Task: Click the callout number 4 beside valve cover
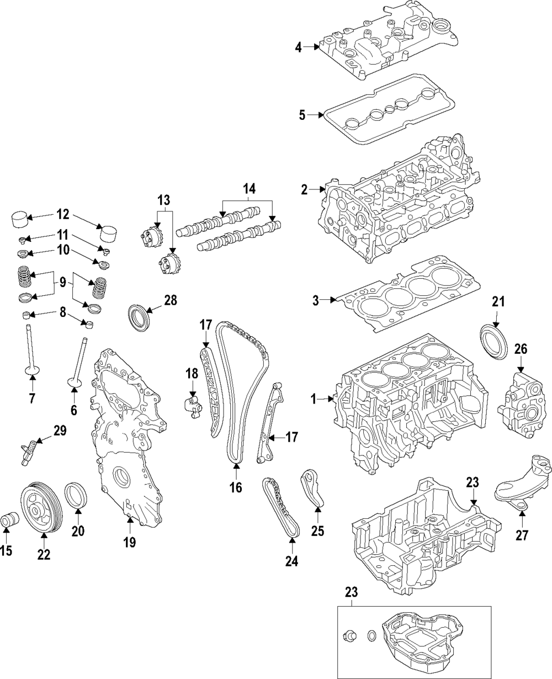(x=298, y=47)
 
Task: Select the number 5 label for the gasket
(x=302, y=115)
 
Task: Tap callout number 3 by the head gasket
(x=315, y=300)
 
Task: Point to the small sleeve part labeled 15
(x=10, y=519)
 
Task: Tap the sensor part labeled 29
(x=30, y=450)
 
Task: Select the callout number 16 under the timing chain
(x=236, y=488)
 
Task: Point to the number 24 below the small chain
(x=291, y=561)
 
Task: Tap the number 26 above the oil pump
(x=521, y=349)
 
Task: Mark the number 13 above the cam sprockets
(x=164, y=200)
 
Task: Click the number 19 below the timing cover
(x=129, y=542)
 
